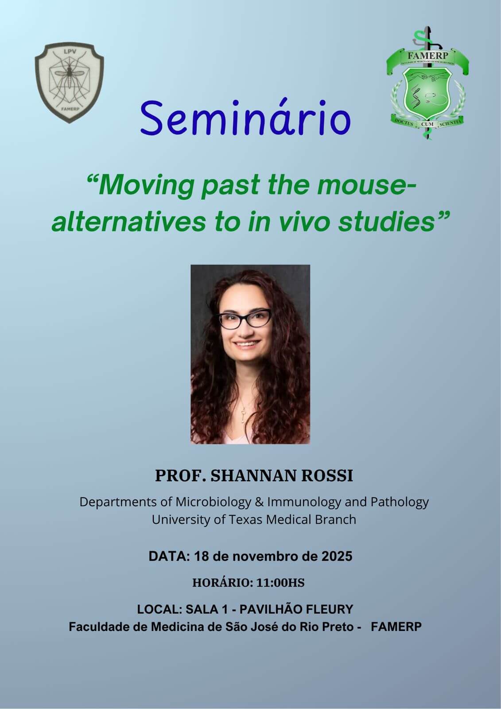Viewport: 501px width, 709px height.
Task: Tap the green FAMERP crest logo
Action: (x=427, y=83)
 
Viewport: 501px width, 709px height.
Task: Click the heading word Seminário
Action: (x=245, y=117)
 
